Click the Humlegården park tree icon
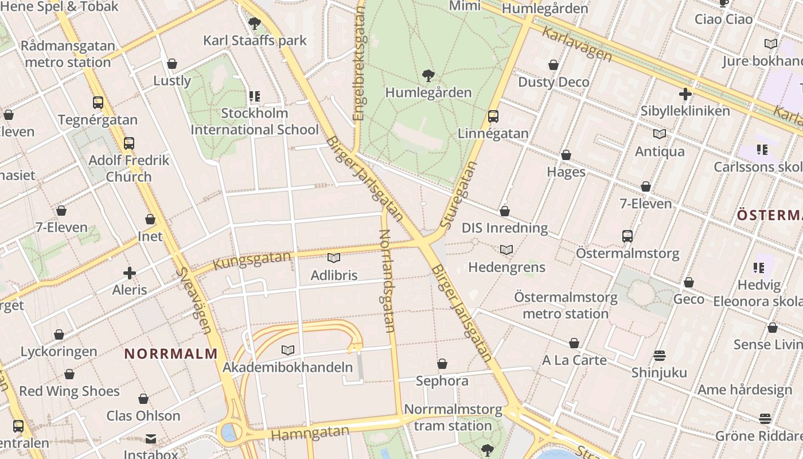point(428,75)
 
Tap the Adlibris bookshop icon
point(333,258)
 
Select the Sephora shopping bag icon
point(442,364)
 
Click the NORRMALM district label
point(171,353)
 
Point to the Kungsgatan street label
point(252,260)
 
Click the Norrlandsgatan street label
point(388,281)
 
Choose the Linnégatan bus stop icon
point(493,116)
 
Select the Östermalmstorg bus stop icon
point(627,236)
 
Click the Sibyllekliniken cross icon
point(685,94)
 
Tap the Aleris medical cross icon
point(130,273)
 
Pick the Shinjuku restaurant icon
point(659,356)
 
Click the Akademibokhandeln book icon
point(288,350)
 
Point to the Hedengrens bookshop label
point(506,267)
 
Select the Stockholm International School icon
point(254,96)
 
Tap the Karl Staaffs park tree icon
point(255,24)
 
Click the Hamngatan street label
point(310,433)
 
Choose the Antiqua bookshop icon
point(660,134)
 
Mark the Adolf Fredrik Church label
point(129,168)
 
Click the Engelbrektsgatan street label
point(360,63)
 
